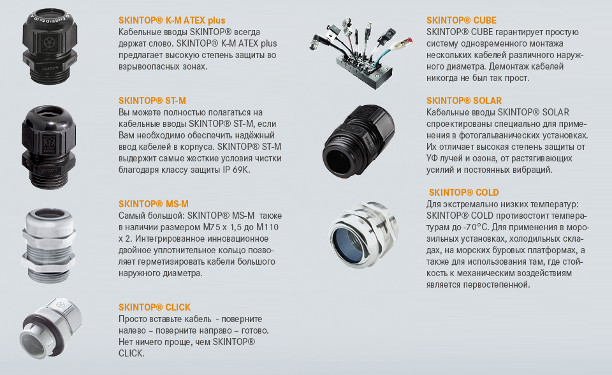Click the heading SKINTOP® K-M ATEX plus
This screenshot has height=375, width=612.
tap(171, 20)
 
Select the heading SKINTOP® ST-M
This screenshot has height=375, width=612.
tap(152, 101)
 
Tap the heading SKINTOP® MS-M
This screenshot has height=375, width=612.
tap(154, 204)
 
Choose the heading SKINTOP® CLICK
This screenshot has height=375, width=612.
tap(154, 307)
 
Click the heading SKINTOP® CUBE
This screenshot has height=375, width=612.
tap(462, 20)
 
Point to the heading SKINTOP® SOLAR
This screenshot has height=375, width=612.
tap(463, 101)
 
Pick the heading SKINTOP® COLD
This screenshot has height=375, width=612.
tap(463, 193)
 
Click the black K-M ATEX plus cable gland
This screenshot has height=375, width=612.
tap(50, 46)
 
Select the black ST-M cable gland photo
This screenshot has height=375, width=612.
tap(49, 147)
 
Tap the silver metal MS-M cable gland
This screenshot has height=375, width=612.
tap(49, 245)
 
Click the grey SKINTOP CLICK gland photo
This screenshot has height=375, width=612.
tap(51, 329)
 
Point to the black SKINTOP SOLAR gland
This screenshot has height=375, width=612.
tap(358, 140)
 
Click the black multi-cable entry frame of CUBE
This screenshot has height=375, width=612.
tap(364, 70)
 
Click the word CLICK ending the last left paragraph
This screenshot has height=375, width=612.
tap(131, 353)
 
